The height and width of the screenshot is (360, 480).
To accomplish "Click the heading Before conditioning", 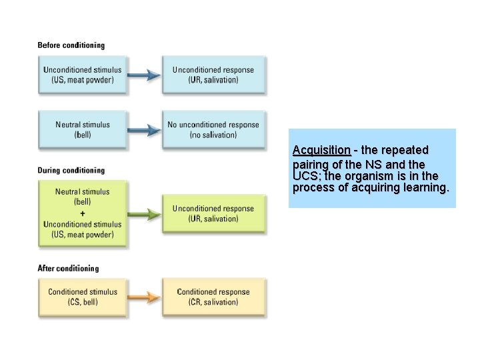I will pyautogui.click(x=71, y=45).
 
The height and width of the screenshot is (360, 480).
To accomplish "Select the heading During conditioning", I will pyautogui.click(x=71, y=171).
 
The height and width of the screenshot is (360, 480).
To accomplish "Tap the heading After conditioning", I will pyautogui.click(x=68, y=269).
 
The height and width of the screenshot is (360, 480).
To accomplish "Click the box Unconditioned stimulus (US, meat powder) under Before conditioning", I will pyautogui.click(x=82, y=75).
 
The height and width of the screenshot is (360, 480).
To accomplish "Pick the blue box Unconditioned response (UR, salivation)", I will pyautogui.click(x=213, y=75).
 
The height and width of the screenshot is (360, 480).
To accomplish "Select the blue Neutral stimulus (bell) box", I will pyautogui.click(x=82, y=129).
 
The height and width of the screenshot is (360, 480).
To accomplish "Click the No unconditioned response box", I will pyautogui.click(x=213, y=129).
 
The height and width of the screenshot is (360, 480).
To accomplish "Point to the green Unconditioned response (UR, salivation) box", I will pyautogui.click(x=213, y=214).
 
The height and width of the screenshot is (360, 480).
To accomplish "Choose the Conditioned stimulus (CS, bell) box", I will pyautogui.click(x=82, y=297).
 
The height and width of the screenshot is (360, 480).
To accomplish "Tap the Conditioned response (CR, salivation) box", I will pyautogui.click(x=213, y=297).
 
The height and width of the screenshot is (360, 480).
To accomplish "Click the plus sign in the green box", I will pyautogui.click(x=82, y=213).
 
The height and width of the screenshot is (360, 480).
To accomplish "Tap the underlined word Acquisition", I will pyautogui.click(x=321, y=151).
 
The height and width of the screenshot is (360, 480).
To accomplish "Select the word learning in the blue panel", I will pyautogui.click(x=424, y=188).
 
